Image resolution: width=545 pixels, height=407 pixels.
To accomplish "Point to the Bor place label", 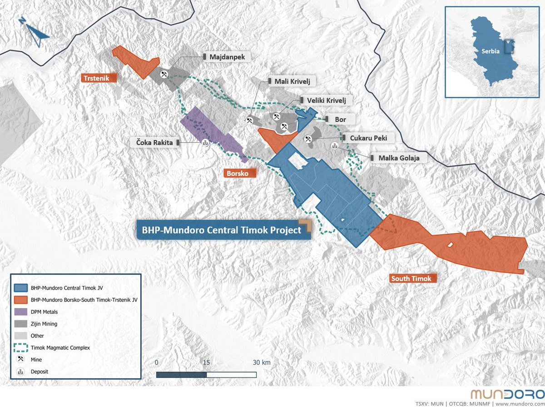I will coord(340,120).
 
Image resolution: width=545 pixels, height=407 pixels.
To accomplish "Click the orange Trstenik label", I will coord(99,78).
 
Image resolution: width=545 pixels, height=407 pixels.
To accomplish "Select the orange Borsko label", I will coord(240,173).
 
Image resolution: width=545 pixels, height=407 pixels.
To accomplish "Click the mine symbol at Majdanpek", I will coord(164,73).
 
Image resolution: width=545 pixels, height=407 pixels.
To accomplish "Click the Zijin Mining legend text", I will coord(45,324).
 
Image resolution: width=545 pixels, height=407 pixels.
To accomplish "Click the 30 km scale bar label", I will coord(262,362).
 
